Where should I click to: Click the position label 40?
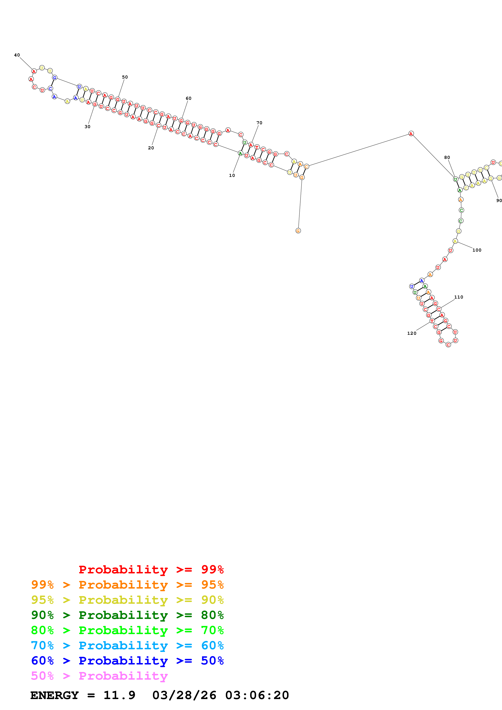tap(17, 55)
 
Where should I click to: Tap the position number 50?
tap(125, 77)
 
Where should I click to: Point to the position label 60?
tap(188, 98)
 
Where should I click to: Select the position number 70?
tap(259, 123)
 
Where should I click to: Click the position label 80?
tap(447, 157)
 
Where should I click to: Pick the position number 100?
tap(477, 250)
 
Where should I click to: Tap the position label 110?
tap(458, 297)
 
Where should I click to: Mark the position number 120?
tap(412, 333)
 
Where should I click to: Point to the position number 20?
tap(151, 148)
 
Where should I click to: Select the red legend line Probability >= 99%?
tap(151, 569)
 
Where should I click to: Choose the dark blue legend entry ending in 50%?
tap(127, 661)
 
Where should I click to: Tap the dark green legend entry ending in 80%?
tap(127, 615)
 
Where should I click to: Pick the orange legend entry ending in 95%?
tap(127, 585)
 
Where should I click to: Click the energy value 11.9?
tap(119, 695)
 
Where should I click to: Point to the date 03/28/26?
tap(184, 695)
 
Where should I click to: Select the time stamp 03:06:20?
tap(257, 695)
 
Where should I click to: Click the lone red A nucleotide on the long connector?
tap(411, 134)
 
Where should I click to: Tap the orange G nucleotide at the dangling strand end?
tap(298, 231)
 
